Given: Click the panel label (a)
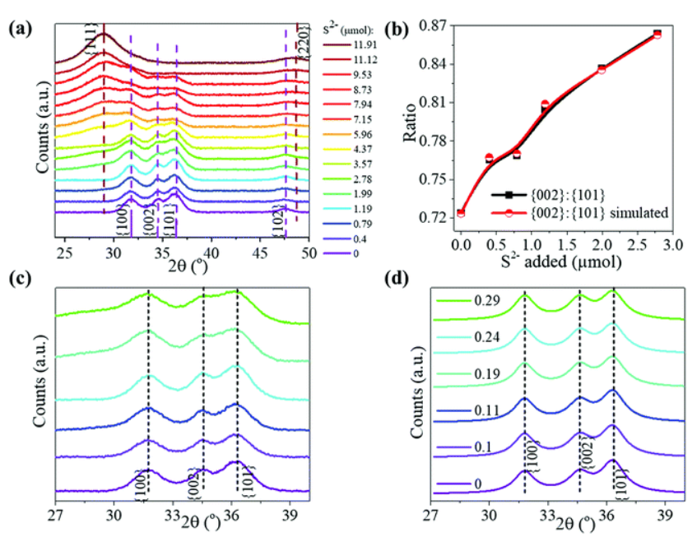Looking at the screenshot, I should click(20, 29).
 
